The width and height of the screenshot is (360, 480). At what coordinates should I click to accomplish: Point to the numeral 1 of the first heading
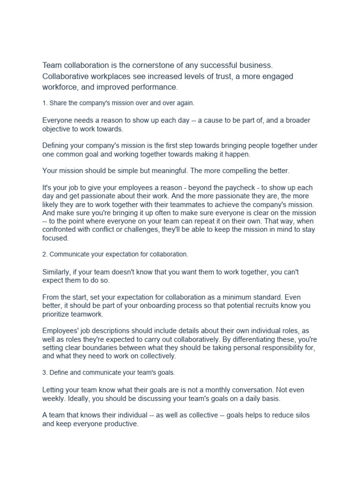(44, 103)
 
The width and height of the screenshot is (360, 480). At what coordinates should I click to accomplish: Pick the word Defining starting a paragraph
(57, 145)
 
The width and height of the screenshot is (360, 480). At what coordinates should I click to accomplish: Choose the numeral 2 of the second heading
(44, 254)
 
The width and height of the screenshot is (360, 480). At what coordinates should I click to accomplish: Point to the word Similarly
(58, 272)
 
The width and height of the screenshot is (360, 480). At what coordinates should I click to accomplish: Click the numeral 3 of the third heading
(44, 372)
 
